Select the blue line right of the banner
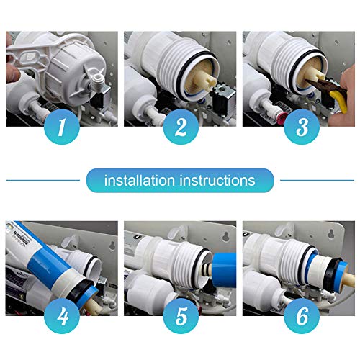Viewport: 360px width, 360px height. (317, 180)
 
